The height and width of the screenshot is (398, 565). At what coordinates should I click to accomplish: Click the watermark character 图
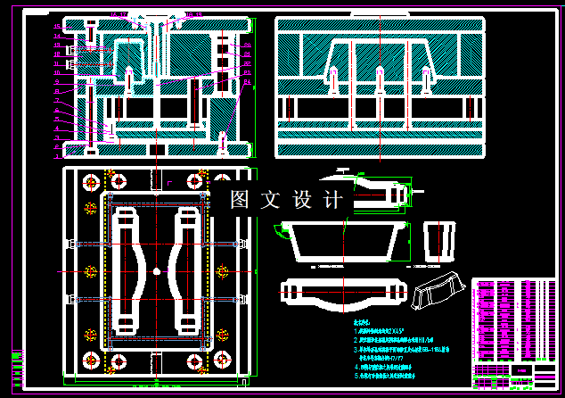pyautogui.click(x=239, y=200)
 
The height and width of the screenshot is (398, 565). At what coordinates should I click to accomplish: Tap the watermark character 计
pyautogui.click(x=332, y=200)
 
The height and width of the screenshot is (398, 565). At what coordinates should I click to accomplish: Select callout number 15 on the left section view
pyautogui.click(x=58, y=24)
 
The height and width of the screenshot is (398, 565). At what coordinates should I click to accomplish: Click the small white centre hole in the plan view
pyautogui.click(x=157, y=270)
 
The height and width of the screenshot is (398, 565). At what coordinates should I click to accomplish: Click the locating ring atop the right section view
pyautogui.click(x=380, y=19)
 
